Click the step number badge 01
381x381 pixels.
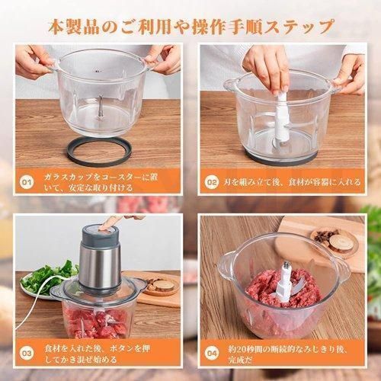pos(27,182)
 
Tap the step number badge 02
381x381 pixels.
pos(212,182)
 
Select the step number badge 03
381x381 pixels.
pos(27,354)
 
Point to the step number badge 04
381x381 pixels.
pos(212,354)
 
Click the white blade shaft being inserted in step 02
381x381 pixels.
pos(281,119)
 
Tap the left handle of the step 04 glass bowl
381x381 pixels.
pos(226,265)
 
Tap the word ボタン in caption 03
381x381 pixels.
pos(121,348)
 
